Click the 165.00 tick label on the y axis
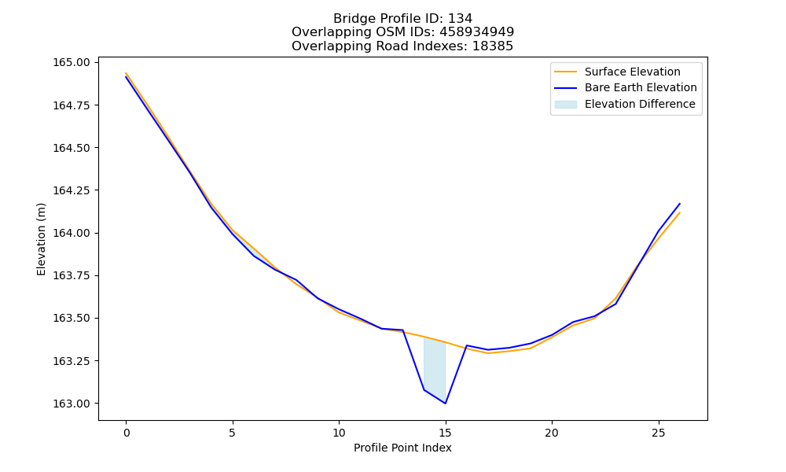click(x=72, y=63)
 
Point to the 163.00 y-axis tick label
click(x=72, y=404)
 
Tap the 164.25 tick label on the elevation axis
click(x=72, y=190)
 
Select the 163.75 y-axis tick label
click(x=72, y=276)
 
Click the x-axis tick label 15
click(x=445, y=433)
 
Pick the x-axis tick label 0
click(x=127, y=433)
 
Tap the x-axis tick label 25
click(x=658, y=433)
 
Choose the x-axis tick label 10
click(x=339, y=433)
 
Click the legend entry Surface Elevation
click(x=617, y=72)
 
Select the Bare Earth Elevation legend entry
click(x=625, y=88)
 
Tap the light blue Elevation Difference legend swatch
click(x=565, y=105)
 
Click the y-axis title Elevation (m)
click(x=41, y=239)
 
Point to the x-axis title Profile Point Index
click(x=402, y=448)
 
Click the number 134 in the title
click(x=460, y=19)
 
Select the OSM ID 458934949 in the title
click(x=477, y=32)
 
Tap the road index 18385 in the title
click(x=493, y=46)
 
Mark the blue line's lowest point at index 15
click(x=445, y=404)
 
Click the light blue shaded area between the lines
click(x=435, y=365)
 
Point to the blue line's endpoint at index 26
click(x=680, y=204)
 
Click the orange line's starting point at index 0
click(x=126, y=72)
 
